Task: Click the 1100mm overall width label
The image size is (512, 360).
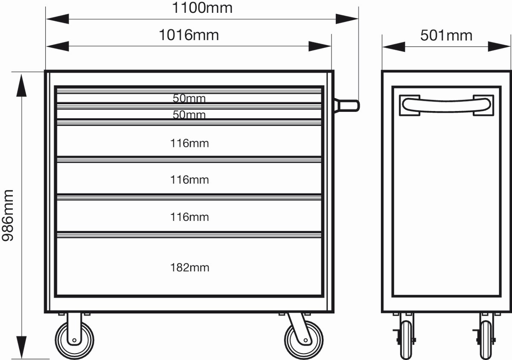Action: pyautogui.click(x=202, y=8)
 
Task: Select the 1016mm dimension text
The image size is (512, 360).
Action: pyautogui.click(x=189, y=35)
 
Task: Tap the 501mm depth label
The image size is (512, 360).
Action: pyautogui.click(x=446, y=35)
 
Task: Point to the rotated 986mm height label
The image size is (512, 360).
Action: pyautogui.click(x=8, y=216)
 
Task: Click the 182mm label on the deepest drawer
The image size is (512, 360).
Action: pyautogui.click(x=190, y=267)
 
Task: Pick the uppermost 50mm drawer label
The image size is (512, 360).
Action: pyautogui.click(x=189, y=98)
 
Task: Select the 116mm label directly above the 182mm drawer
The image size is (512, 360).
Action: pyautogui.click(x=189, y=217)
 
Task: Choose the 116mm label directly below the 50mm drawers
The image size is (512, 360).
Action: pyautogui.click(x=189, y=143)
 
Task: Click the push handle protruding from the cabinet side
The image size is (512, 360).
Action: pyautogui.click(x=347, y=105)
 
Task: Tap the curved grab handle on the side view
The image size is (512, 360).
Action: pyautogui.click(x=446, y=105)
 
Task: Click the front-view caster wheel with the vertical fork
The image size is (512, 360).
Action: pyautogui.click(x=75, y=340)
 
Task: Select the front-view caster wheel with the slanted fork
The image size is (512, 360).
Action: pyautogui.click(x=304, y=340)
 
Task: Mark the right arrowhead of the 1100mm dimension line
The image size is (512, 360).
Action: pyautogui.click(x=347, y=19)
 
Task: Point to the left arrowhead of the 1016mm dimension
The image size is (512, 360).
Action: pyautogui.click(x=58, y=46)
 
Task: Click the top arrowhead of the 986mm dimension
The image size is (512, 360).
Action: pyautogui.click(x=21, y=85)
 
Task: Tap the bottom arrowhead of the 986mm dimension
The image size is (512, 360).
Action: pyautogui.click(x=21, y=347)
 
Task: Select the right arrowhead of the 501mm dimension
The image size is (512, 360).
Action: pyautogui.click(x=499, y=47)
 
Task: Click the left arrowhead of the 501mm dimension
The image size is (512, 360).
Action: pyautogui.click(x=394, y=47)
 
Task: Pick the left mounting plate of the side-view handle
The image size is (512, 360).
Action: pyautogui.click(x=410, y=105)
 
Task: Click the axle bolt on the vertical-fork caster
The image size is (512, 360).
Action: pyautogui.click(x=74, y=340)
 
